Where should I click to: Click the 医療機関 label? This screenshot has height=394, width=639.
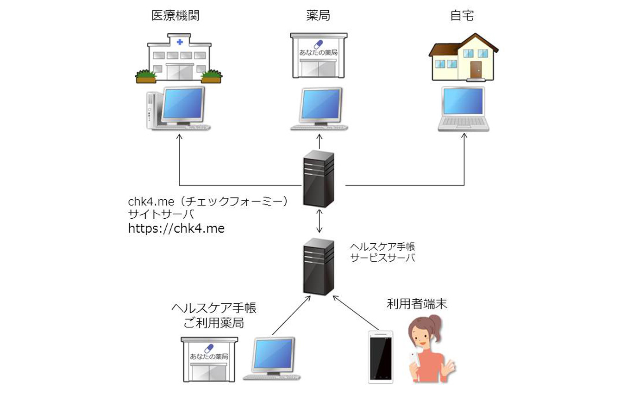[178, 16]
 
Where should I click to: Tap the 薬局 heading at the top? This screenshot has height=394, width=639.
[318, 16]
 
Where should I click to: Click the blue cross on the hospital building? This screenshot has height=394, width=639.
[180, 42]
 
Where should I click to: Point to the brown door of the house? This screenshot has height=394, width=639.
[476, 70]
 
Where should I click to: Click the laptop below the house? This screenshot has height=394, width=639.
[463, 109]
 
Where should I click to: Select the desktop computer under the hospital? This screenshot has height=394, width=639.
[178, 109]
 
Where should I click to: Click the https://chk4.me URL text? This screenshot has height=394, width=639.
[176, 228]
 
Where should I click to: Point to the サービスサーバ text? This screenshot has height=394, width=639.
[382, 258]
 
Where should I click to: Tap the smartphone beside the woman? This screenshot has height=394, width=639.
[381, 357]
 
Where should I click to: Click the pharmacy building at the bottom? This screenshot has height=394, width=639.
[209, 358]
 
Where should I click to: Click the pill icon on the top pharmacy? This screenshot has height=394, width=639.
[319, 44]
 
